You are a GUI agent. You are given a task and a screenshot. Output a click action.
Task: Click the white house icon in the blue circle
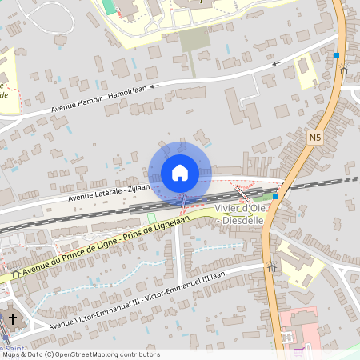pos(180,172)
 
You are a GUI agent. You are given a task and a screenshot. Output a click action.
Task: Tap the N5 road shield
pos(314,138)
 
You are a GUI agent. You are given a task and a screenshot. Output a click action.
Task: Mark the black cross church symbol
pos(11,320)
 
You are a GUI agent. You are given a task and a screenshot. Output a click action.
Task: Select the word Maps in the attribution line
pos(12,354)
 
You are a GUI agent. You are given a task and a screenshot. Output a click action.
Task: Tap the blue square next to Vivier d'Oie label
pos(275,196)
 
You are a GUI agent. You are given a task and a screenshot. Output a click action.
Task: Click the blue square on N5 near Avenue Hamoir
pos(337,55)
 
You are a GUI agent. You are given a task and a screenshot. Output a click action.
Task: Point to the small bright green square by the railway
pos(151,218)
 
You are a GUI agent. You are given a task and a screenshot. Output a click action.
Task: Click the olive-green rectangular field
pos(194,39)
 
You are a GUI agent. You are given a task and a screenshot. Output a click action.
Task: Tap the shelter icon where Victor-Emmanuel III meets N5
pos(273,268)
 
